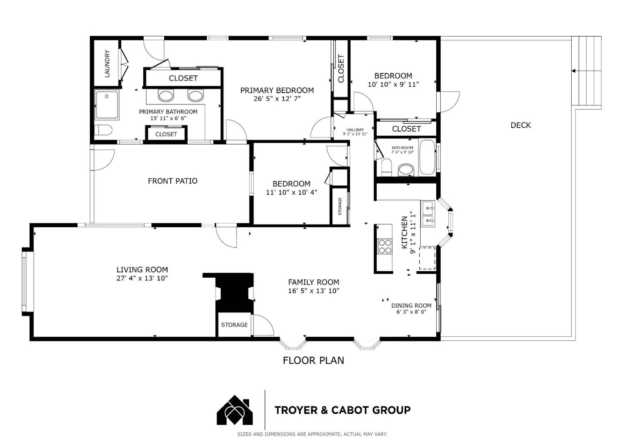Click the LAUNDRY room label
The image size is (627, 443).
107,64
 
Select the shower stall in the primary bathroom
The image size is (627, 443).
107,105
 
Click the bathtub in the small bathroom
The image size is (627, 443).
427,157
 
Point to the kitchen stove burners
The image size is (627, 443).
385,246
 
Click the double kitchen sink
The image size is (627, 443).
428,214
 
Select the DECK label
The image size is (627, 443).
520,125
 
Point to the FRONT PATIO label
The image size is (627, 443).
172,181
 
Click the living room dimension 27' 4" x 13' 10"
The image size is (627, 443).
142,279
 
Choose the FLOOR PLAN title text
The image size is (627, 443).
313,360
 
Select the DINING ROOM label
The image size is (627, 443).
411,305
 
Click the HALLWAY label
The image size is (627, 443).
355,130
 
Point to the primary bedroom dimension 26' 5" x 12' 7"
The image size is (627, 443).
277,99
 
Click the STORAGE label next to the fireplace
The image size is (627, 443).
234,325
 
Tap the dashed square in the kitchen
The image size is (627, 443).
427,258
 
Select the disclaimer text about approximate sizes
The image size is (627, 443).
312,434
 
